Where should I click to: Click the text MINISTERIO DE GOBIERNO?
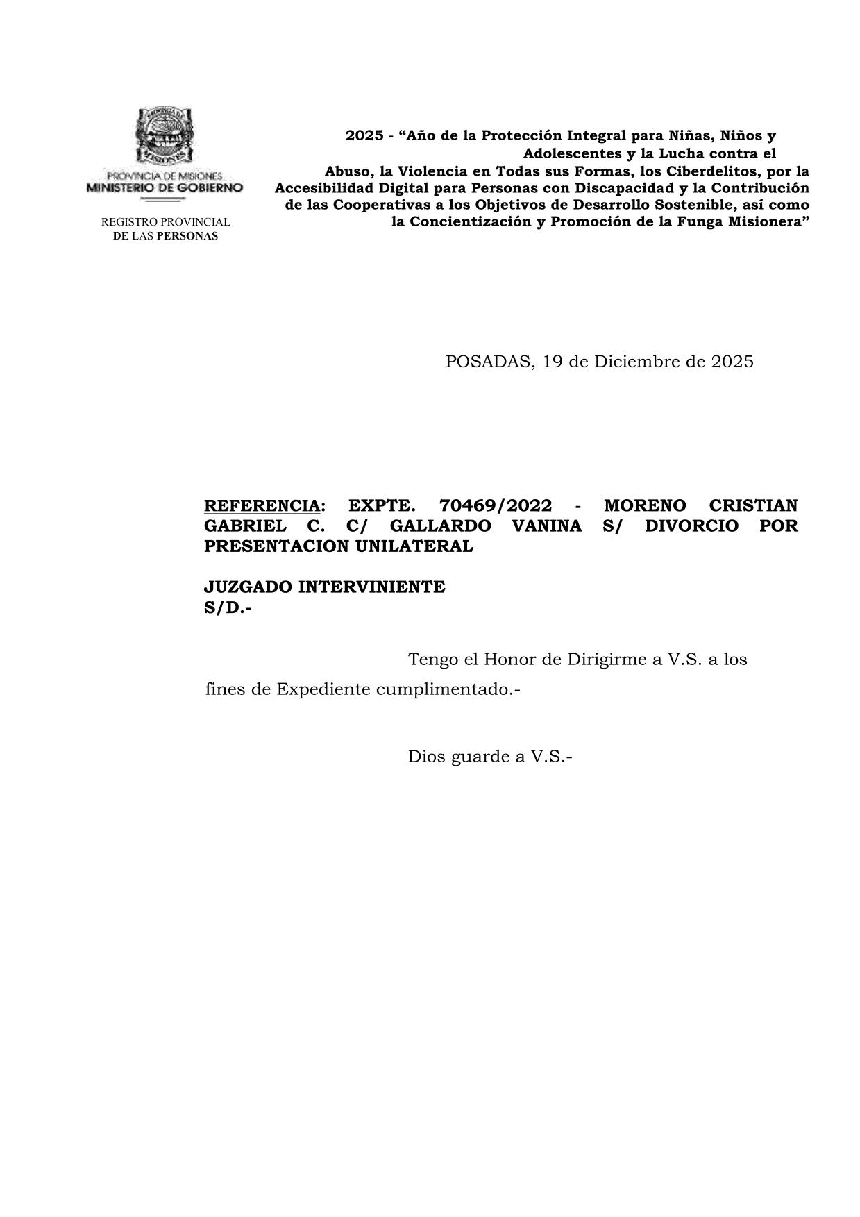point(165,187)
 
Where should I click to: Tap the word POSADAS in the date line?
point(490,362)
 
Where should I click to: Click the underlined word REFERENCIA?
point(262,505)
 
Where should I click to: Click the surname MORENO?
point(645,505)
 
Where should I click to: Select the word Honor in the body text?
point(509,659)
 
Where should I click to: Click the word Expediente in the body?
point(323,690)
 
